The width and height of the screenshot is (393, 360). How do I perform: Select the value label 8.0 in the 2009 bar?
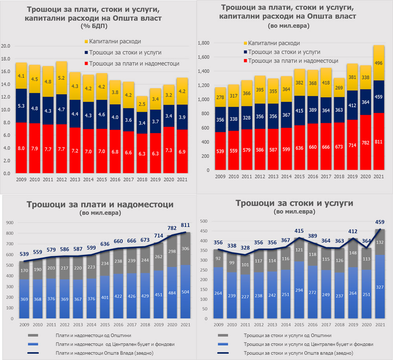coord(21,148)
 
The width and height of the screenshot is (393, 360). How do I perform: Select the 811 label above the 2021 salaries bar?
coord(185,225)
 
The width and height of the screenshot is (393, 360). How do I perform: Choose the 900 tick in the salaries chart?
coord(9,223)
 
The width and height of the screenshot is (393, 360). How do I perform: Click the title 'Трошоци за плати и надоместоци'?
coord(100,204)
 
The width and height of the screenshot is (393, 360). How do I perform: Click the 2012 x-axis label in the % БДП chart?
coord(62,179)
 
